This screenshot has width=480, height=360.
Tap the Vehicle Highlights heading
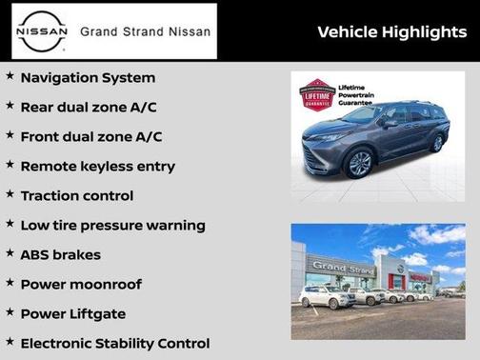point(391,32)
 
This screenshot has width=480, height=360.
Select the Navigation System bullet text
point(88,77)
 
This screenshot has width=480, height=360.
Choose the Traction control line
point(76,195)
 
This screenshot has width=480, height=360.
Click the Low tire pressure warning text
point(112,225)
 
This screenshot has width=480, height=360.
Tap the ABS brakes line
point(60,254)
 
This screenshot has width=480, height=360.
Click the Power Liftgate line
point(72,313)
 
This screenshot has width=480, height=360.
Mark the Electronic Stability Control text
point(114,343)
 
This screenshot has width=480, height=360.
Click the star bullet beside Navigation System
point(10,76)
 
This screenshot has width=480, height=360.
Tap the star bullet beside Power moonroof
point(10,283)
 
